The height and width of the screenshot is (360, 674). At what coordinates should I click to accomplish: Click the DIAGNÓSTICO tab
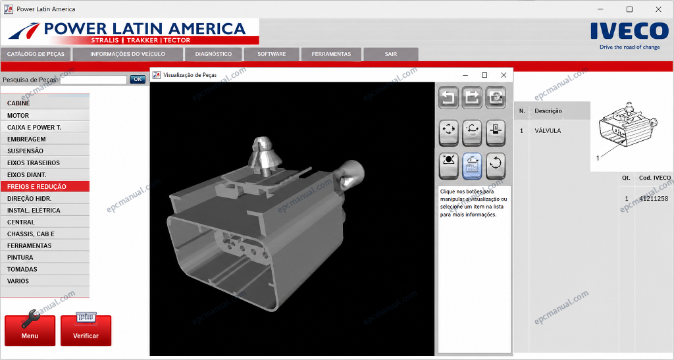click(213, 54)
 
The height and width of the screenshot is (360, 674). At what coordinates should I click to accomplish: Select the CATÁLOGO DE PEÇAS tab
click(36, 54)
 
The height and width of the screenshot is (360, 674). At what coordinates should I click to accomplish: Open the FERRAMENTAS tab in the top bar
click(331, 54)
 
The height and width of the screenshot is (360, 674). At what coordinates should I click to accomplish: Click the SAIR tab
click(391, 54)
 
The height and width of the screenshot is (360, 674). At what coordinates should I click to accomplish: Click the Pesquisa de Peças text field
click(93, 80)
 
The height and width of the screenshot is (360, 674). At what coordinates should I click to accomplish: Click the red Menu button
click(30, 330)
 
